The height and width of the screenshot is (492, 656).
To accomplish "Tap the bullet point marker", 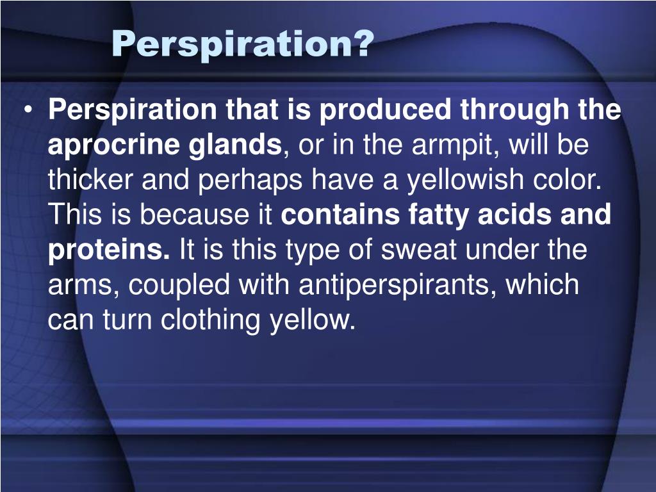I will tap(29, 111).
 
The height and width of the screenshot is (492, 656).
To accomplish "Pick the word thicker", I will tap(90, 181).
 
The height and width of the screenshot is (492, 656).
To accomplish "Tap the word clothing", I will tap(211, 319).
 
